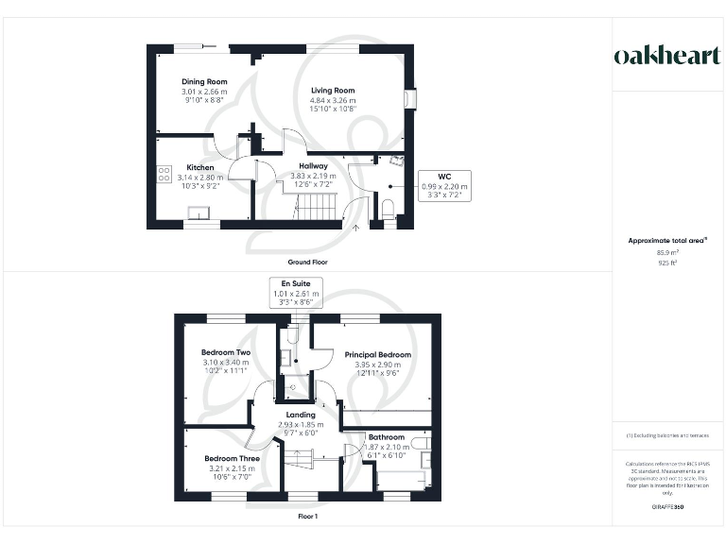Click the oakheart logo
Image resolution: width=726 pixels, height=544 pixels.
coord(667,56)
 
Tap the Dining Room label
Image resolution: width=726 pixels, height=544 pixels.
coord(205,82)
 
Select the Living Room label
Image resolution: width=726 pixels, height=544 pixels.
coord(334,91)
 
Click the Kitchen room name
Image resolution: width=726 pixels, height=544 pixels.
coord(199,167)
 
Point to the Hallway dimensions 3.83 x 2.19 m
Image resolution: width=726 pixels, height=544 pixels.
coord(313,176)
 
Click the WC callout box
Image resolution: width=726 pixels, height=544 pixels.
coord(444,187)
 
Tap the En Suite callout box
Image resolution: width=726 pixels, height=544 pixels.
coord(296,293)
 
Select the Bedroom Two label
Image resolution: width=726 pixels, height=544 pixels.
coord(225,352)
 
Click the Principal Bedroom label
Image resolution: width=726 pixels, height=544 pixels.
coord(377,355)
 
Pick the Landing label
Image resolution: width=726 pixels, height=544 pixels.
coord(301,416)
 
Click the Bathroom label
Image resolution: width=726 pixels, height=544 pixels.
coord(387,437)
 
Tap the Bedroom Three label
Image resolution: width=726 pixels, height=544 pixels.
coord(232,459)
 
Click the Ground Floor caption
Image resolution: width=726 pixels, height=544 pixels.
coord(307,262)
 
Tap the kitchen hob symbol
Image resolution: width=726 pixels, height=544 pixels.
coord(164,174)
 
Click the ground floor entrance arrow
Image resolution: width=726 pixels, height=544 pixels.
coord(356,225)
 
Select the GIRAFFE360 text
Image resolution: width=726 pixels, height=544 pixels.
coord(667,507)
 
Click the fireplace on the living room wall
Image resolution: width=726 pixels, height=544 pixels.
coord(409,99)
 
